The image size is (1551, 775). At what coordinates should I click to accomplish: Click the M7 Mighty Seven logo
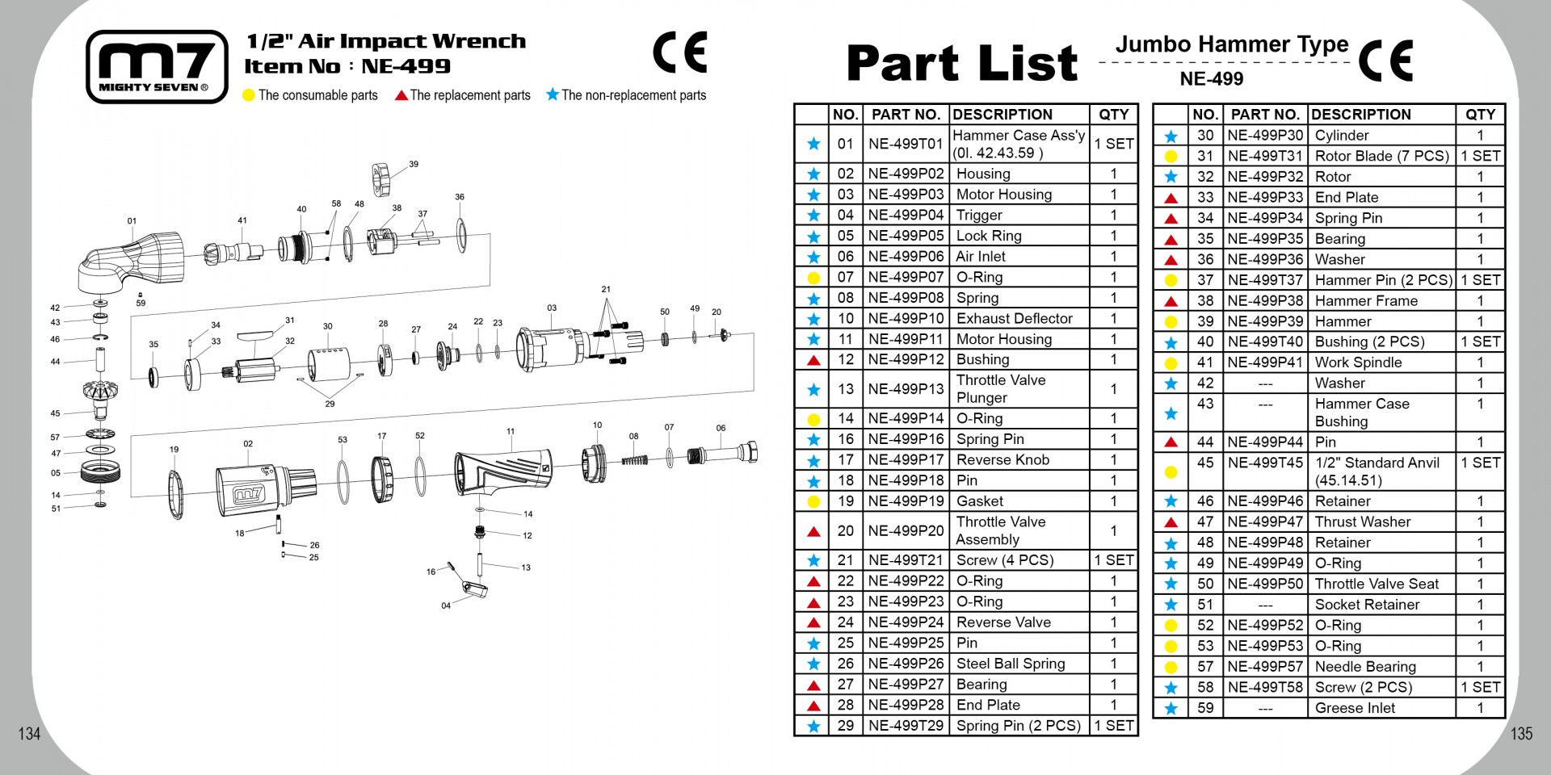(x=157, y=67)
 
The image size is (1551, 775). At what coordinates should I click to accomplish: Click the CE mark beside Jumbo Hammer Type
(x=1385, y=61)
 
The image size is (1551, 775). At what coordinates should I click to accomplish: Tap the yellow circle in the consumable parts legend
(x=249, y=95)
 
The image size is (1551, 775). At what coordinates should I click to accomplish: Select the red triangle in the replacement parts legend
(x=401, y=95)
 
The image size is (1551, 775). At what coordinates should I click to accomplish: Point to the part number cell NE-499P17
(x=906, y=460)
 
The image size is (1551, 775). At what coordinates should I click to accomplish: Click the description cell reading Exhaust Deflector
(x=1015, y=319)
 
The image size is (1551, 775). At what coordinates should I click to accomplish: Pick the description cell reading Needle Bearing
(x=1365, y=667)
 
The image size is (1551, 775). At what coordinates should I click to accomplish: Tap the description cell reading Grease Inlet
(x=1355, y=708)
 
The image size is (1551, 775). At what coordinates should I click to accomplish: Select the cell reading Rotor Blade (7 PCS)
(x=1382, y=156)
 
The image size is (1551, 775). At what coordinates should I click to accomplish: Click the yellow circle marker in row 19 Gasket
(x=813, y=502)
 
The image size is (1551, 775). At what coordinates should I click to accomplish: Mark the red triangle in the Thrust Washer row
(x=1171, y=522)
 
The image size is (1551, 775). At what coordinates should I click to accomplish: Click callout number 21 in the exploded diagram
(x=606, y=289)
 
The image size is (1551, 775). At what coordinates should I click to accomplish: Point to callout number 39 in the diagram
(x=414, y=164)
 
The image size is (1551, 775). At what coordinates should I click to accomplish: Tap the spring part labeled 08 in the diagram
(x=635, y=460)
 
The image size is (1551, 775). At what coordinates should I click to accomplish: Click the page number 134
(x=29, y=733)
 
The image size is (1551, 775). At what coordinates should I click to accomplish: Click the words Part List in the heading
(x=961, y=63)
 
